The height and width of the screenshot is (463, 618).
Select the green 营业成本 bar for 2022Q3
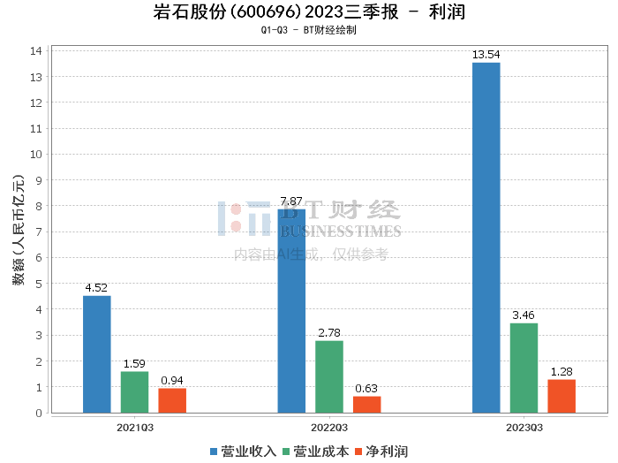329,376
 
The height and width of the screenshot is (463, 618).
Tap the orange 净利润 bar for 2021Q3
172,400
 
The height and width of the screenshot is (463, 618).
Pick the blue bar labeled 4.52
97,353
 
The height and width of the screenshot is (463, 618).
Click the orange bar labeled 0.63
367,404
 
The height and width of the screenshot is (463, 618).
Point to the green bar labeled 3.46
524,368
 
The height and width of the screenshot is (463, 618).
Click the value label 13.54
486,55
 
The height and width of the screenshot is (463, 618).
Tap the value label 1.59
134,363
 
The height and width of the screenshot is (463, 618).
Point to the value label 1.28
561,371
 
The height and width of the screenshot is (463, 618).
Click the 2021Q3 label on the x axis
135,427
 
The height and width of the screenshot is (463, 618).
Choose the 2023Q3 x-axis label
524,427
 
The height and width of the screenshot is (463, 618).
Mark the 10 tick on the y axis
37,154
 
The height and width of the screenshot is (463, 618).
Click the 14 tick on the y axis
37,50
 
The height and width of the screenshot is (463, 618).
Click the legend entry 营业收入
243,451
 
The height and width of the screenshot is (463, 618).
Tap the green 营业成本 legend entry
315,451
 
